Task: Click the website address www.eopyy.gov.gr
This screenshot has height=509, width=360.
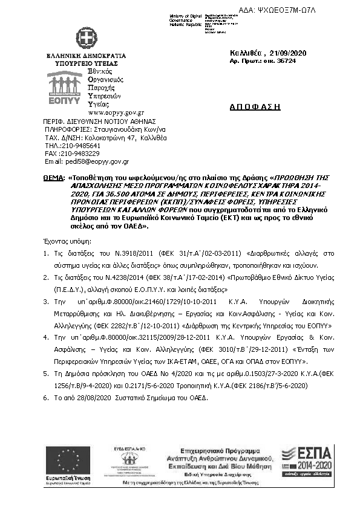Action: pyautogui.click(x=116, y=112)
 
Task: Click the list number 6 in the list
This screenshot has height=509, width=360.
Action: pyautogui.click(x=46, y=399)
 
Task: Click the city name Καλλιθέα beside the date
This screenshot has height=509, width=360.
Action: pyautogui.click(x=246, y=54)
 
